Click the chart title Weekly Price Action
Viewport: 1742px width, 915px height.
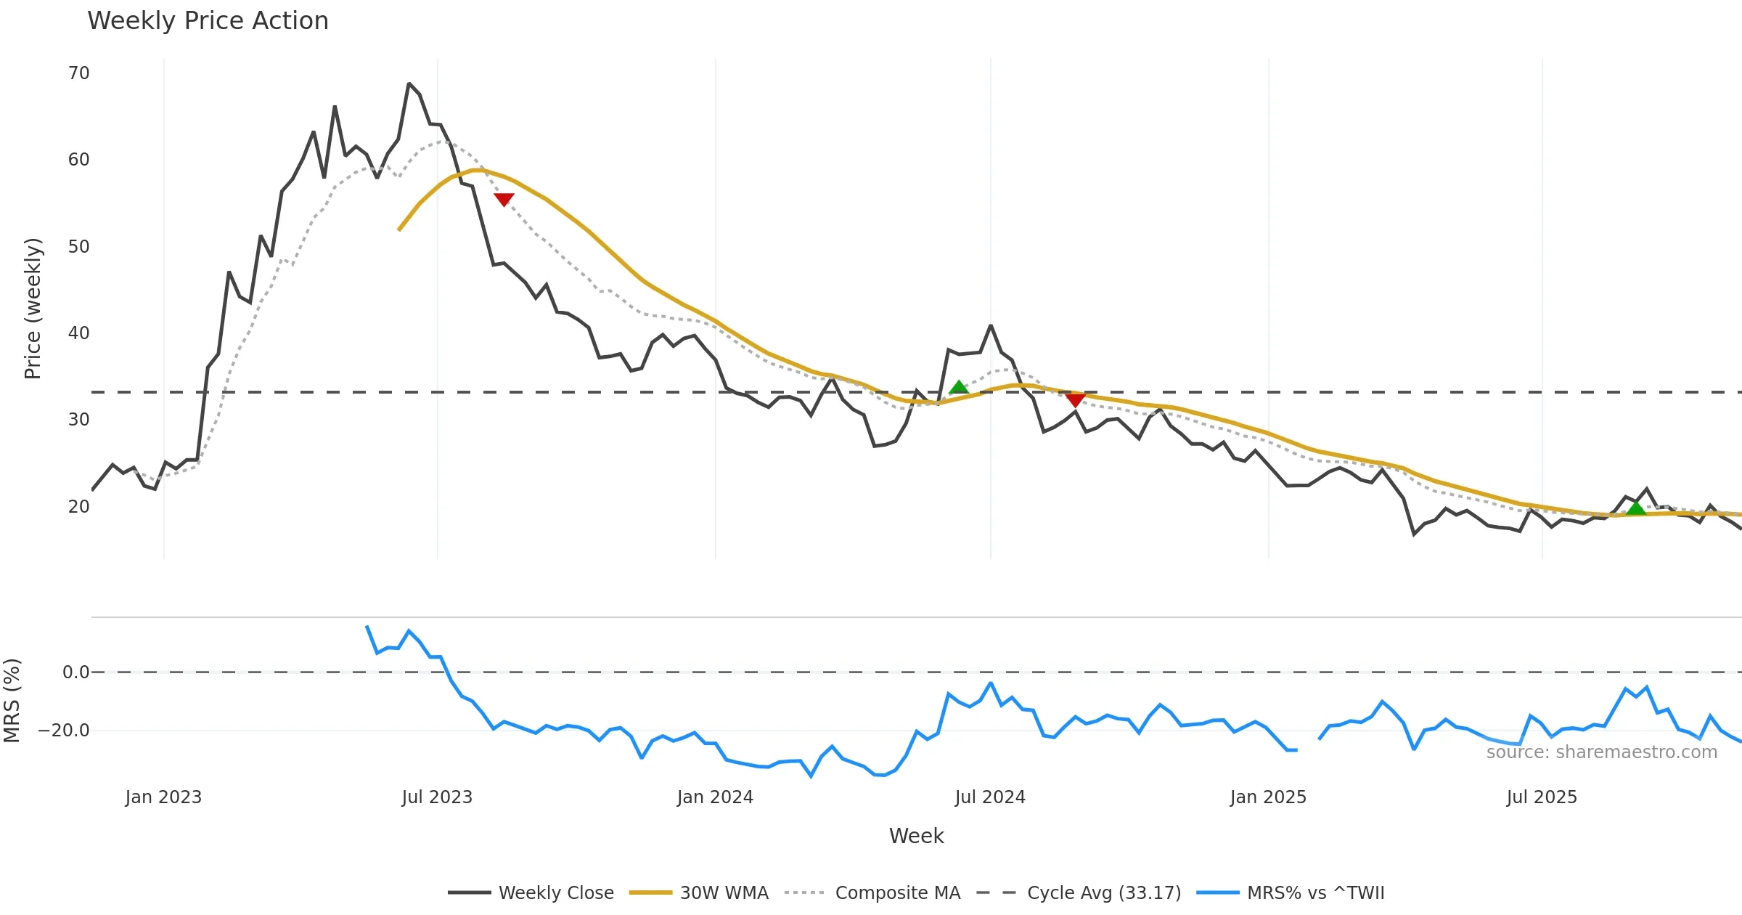[208, 21]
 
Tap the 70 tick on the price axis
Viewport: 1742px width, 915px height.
[79, 73]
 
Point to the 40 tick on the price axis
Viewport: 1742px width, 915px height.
[79, 333]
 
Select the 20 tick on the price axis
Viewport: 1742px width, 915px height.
[79, 507]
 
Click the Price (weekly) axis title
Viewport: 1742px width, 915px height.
[33, 309]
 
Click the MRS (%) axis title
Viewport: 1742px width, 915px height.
[12, 701]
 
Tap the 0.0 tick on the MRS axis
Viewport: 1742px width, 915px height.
[76, 672]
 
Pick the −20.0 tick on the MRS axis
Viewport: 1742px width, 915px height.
[65, 731]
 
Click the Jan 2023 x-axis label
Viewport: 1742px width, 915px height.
[163, 797]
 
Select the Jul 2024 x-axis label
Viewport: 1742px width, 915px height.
[990, 797]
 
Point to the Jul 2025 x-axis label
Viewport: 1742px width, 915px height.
[1542, 797]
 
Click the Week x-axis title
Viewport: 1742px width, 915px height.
[916, 837]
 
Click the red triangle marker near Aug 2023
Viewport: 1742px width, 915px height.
[504, 199]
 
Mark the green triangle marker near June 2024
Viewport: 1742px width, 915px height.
[959, 387]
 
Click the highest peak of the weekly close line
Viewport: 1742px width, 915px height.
[409, 84]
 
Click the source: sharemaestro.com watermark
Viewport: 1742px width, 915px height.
[1601, 752]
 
